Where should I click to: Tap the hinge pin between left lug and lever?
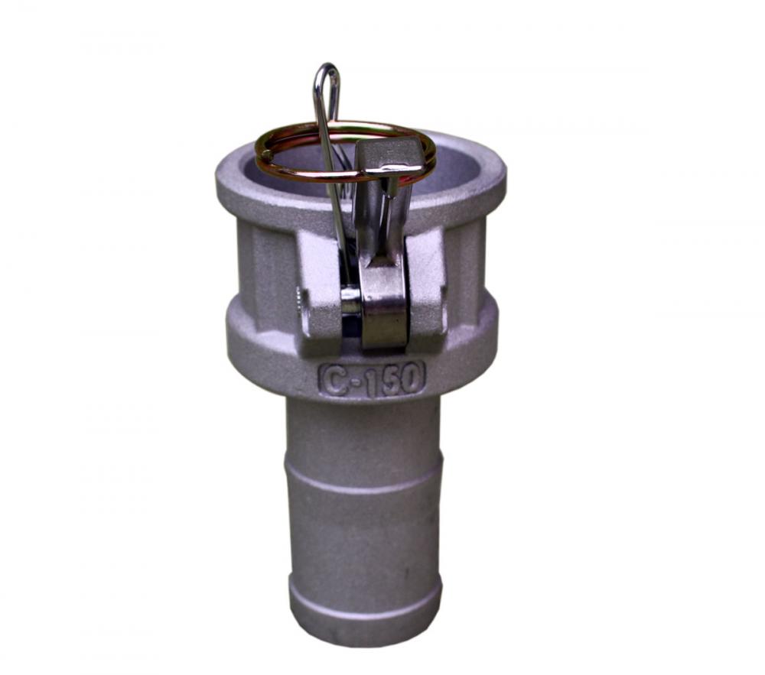pyautogui.click(x=350, y=300)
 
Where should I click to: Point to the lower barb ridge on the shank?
pyautogui.click(x=366, y=593)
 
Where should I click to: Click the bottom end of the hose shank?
pyautogui.click(x=366, y=631)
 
